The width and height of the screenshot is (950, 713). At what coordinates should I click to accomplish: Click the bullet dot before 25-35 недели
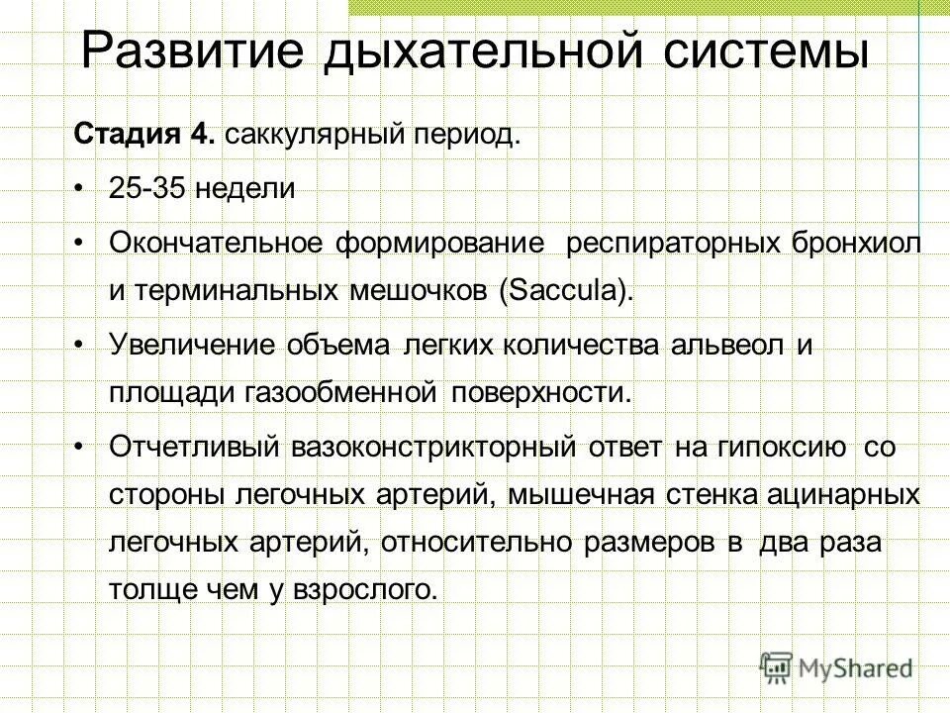[x=79, y=189]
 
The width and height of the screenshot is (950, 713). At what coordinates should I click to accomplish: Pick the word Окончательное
[x=222, y=243]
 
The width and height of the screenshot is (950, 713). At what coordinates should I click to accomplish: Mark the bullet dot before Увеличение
[x=79, y=343]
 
